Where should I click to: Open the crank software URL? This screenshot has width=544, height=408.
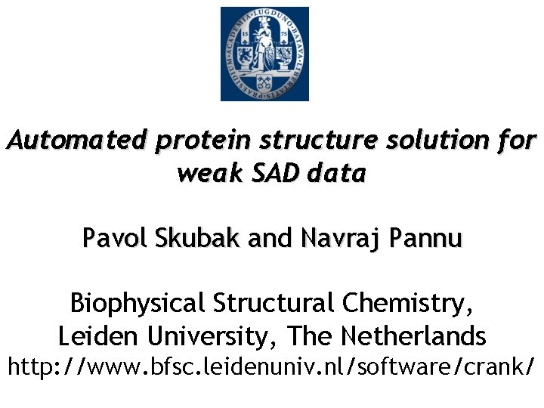point(272,367)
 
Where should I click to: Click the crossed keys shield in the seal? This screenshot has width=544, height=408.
point(264,82)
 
